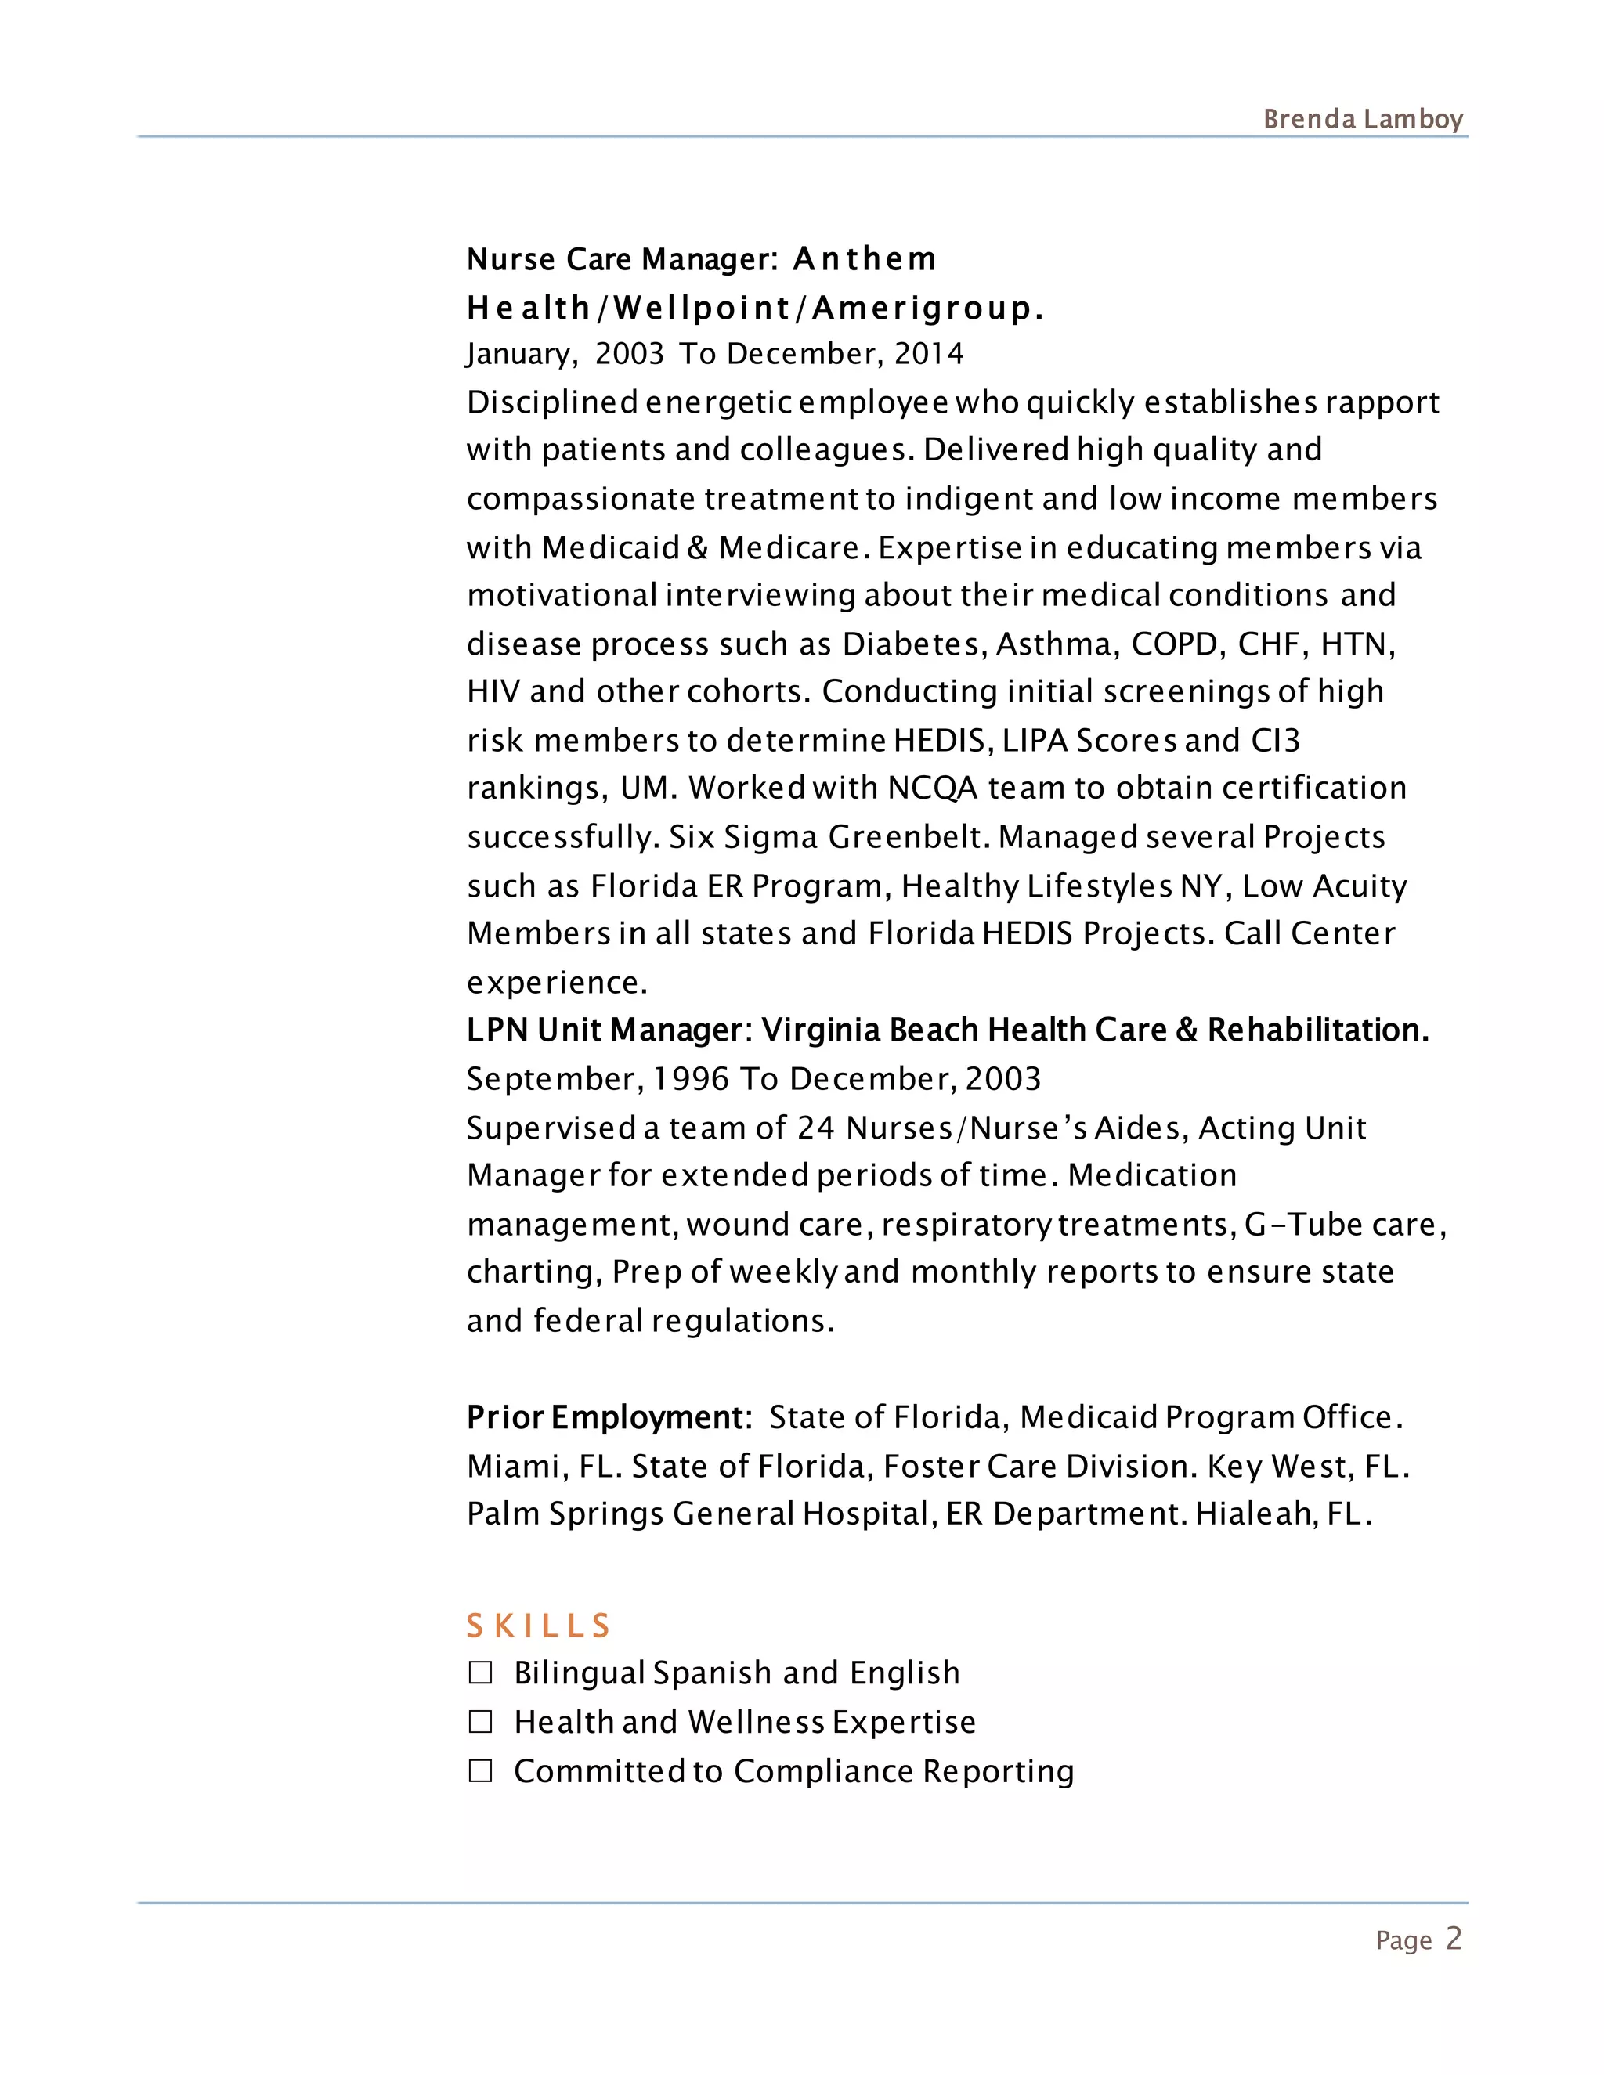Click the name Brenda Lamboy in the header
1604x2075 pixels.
pos(1363,120)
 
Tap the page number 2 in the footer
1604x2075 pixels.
pos(1454,1938)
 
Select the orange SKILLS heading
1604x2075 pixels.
pos(538,1626)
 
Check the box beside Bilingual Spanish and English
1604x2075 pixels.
pos(481,1673)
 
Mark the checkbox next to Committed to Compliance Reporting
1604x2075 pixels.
pos(481,1771)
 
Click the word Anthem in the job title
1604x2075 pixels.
pos(865,259)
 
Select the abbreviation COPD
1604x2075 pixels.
pos(1175,645)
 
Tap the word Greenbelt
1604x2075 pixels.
pos(909,838)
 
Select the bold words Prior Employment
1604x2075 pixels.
pos(606,1417)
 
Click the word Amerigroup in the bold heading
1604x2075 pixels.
pos(922,309)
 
